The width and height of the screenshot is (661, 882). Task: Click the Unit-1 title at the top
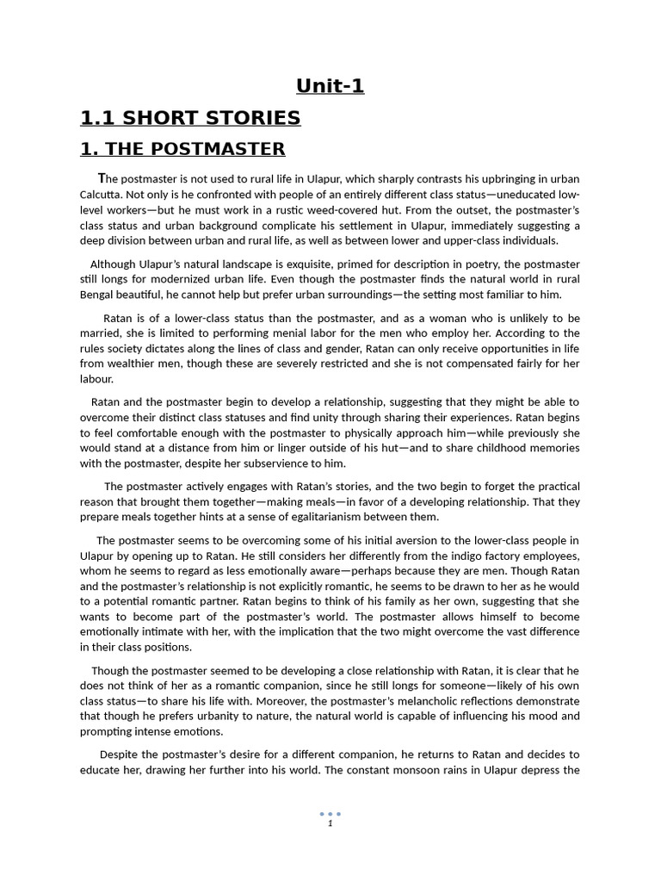pyautogui.click(x=330, y=86)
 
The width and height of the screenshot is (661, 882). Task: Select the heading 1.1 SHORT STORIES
pyautogui.click(x=190, y=118)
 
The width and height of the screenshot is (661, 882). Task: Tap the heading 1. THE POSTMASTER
pyautogui.click(x=182, y=149)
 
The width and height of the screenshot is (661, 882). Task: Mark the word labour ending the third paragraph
pyautogui.click(x=96, y=379)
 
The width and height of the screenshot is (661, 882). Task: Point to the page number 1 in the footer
pyautogui.click(x=330, y=823)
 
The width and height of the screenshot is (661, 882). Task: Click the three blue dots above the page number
pyautogui.click(x=330, y=813)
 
